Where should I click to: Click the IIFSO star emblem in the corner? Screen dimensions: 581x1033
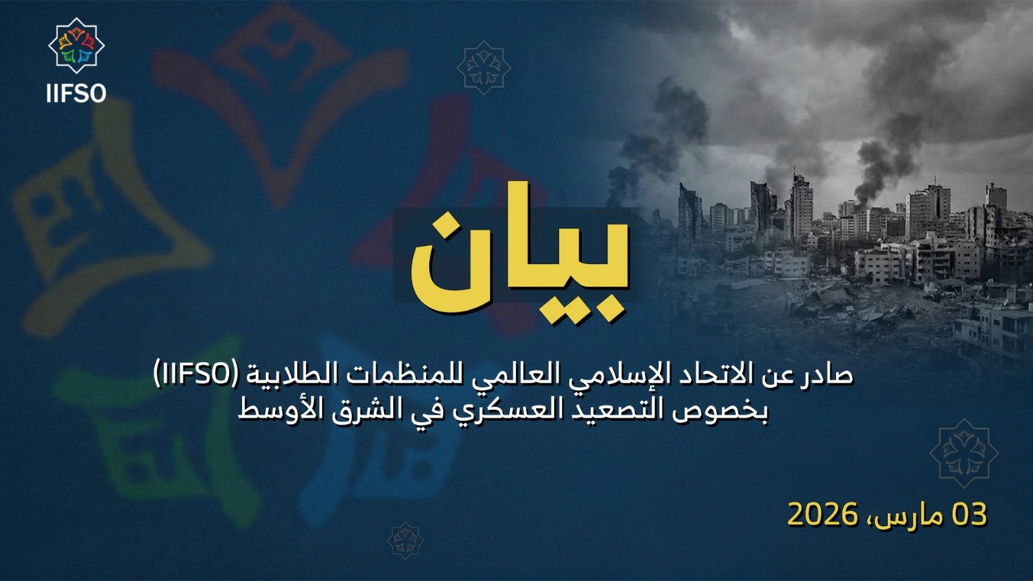click(x=76, y=46)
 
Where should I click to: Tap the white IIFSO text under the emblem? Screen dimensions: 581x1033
click(x=76, y=94)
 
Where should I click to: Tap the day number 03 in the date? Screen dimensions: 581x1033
click(x=968, y=515)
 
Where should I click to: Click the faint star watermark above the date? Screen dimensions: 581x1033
click(x=963, y=453)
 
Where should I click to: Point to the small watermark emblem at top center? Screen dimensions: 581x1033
click(x=484, y=67)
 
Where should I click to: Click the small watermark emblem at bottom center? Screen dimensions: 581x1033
click(x=405, y=540)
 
